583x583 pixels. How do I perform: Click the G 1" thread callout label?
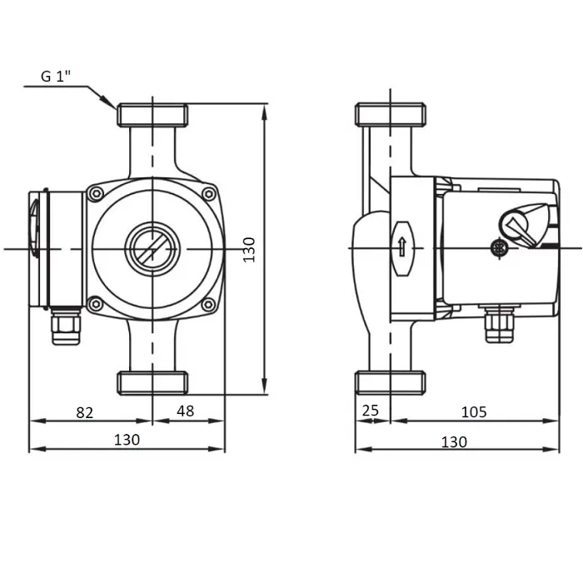pyautogui.click(x=56, y=77)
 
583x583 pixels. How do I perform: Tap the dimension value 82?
pyautogui.click(x=85, y=413)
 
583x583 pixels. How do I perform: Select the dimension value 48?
pyautogui.click(x=185, y=411)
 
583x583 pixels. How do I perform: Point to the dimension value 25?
pyautogui.click(x=371, y=411)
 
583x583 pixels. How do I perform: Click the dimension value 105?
pyautogui.click(x=474, y=412)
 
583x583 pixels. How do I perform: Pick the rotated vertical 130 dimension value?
pyautogui.click(x=249, y=250)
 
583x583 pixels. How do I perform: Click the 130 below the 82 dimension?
pyautogui.click(x=127, y=440)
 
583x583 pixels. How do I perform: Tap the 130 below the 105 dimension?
pyautogui.click(x=454, y=442)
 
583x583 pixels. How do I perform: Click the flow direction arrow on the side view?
pyautogui.click(x=402, y=247)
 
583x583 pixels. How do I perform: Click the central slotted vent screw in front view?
pyautogui.click(x=152, y=249)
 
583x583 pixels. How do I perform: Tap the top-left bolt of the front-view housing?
pyautogui.click(x=97, y=194)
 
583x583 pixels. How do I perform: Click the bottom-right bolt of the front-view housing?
pyautogui.click(x=208, y=305)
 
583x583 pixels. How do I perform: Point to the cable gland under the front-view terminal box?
pyautogui.click(x=66, y=326)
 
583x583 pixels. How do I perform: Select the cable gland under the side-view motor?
pyautogui.click(x=500, y=324)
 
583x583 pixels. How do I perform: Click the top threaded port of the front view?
pyautogui.click(x=152, y=115)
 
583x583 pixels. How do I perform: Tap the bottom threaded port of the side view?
pyautogui.click(x=391, y=382)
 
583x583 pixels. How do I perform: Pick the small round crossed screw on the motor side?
pyautogui.click(x=499, y=248)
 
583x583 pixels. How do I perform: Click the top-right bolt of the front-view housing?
pyautogui.click(x=209, y=194)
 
